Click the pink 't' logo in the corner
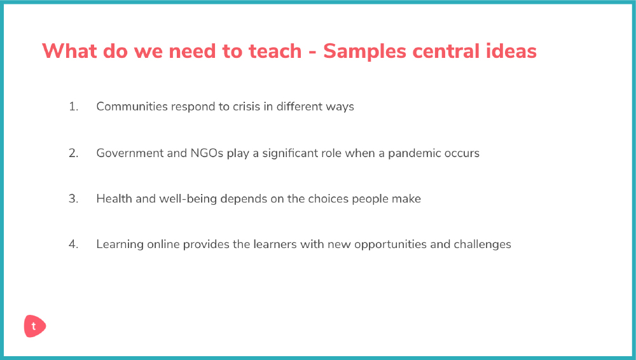point(35,326)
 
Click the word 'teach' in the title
point(275,51)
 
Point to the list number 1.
point(73,106)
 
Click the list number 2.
point(73,153)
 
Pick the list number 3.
point(73,198)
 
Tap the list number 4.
point(73,244)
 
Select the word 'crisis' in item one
point(246,106)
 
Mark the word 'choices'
point(328,198)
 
